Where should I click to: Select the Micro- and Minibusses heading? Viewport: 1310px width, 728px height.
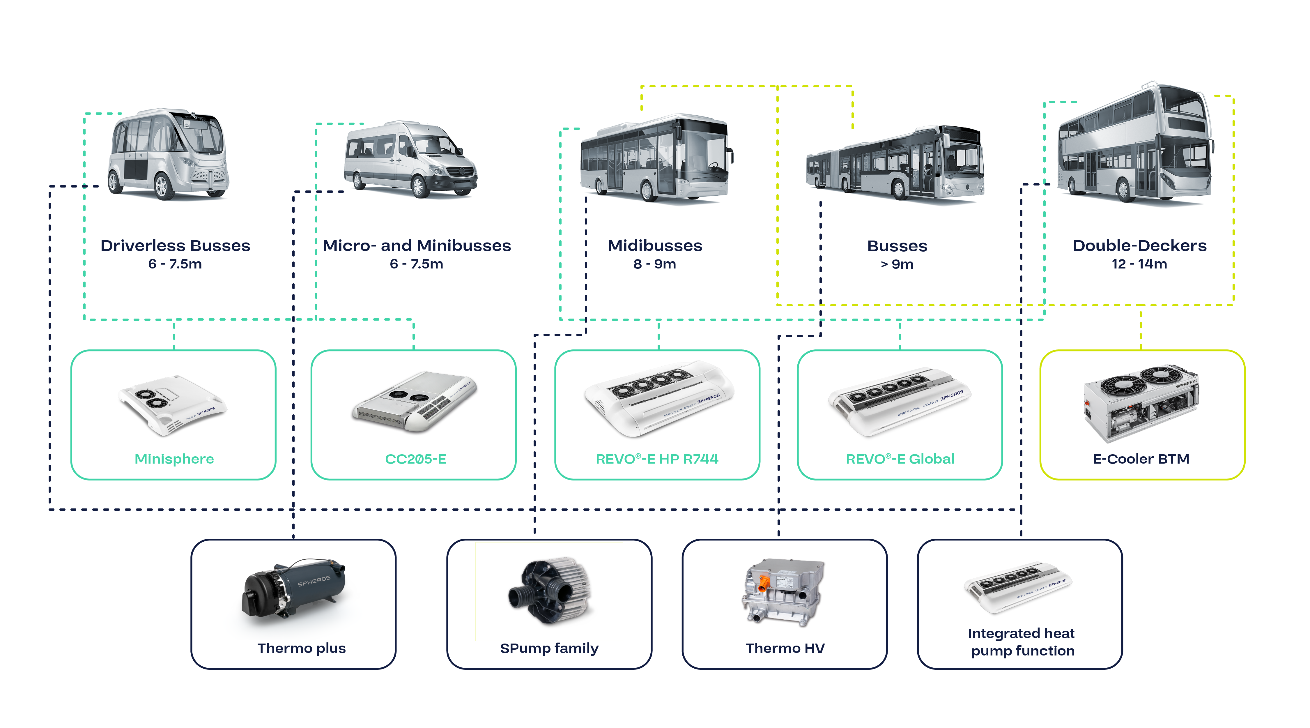click(x=417, y=246)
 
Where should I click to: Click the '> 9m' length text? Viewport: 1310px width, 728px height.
click(x=897, y=264)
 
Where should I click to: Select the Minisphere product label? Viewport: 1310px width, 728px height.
click(x=174, y=459)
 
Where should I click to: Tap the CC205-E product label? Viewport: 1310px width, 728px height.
click(x=415, y=459)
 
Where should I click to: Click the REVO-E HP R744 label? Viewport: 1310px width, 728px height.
click(x=657, y=459)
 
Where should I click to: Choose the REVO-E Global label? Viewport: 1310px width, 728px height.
click(x=900, y=459)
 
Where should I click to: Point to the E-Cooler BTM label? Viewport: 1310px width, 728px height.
click(x=1141, y=459)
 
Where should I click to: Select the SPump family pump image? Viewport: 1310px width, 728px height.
click(x=549, y=590)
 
